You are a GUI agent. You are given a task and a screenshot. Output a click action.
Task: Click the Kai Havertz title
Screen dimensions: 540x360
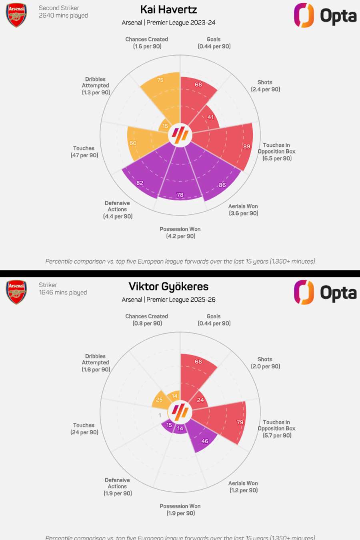tap(168, 10)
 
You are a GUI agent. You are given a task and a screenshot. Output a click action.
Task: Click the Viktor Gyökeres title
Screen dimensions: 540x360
tap(168, 286)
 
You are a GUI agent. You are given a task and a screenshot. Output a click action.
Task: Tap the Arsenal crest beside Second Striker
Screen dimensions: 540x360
tap(16, 15)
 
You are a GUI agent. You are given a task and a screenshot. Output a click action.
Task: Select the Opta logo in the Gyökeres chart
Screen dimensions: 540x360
tap(325, 293)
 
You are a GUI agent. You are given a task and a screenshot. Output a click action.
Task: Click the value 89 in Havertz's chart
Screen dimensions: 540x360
tap(247, 146)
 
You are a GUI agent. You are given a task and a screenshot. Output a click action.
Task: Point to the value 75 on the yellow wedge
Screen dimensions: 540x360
tap(160, 80)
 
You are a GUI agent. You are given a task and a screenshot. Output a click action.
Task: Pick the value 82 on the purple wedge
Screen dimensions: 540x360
tap(140, 183)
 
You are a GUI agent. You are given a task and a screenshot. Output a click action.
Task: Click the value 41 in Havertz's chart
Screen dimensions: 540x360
tap(210, 117)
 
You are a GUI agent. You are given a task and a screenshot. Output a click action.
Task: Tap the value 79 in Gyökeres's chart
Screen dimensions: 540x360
tap(240, 422)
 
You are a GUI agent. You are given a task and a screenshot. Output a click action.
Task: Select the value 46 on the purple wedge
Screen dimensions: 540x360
tap(205, 441)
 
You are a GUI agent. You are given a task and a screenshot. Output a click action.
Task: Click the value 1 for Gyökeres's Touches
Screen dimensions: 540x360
tap(160, 415)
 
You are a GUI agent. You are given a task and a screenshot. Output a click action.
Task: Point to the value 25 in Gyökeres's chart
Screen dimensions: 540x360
tap(159, 400)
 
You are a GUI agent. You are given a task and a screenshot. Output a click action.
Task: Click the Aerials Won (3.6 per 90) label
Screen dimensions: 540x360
tap(243, 210)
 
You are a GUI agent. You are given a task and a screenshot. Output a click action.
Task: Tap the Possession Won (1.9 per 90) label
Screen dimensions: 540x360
tap(180, 510)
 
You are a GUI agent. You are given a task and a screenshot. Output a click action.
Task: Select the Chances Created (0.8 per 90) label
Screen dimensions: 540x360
tap(147, 320)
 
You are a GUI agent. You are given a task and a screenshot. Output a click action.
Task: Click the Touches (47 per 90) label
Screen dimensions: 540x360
tap(84, 152)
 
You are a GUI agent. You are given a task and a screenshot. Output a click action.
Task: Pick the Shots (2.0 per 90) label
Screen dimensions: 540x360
tap(265, 363)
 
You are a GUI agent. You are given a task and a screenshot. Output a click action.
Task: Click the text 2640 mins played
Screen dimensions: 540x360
tap(63, 16)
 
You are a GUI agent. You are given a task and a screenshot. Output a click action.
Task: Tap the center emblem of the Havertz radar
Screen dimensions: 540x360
tap(180, 135)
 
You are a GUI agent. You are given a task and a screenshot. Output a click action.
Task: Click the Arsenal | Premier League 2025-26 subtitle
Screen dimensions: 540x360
tap(168, 300)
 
